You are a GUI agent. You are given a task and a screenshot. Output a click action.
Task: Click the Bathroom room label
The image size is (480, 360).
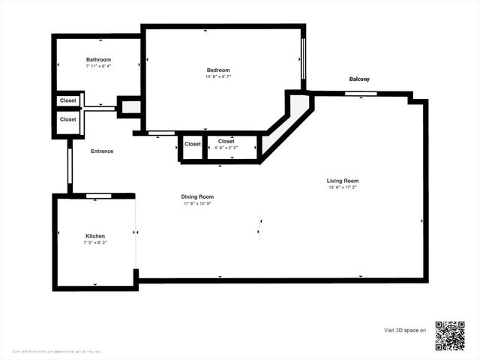(x=98, y=60)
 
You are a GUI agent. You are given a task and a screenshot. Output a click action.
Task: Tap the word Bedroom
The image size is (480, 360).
(x=218, y=70)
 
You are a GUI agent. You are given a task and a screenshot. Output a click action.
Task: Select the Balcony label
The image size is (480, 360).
(x=359, y=79)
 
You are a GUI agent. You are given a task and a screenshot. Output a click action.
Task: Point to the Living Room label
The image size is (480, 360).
(x=343, y=181)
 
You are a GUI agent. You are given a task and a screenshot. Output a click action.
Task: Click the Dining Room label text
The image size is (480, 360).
(x=197, y=196)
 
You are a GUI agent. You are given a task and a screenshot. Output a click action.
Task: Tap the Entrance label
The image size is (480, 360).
(x=102, y=151)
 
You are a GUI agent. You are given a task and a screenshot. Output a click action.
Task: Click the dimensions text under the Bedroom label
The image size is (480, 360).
(x=218, y=77)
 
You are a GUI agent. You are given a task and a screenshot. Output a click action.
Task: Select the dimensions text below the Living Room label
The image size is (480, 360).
(x=343, y=188)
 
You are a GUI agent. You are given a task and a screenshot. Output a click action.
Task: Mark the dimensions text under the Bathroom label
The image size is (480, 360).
(x=98, y=67)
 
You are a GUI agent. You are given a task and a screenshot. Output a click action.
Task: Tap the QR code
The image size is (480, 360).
(x=450, y=335)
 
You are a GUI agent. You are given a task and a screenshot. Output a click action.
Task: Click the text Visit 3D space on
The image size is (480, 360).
(x=405, y=330)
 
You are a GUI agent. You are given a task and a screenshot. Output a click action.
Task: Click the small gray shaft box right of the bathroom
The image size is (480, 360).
(x=130, y=107)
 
